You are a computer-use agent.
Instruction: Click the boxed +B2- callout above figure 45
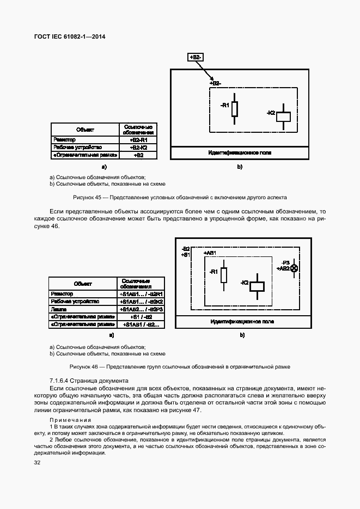(196, 57)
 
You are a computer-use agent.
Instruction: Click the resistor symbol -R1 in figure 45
(235, 109)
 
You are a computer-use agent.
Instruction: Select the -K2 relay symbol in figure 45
(283, 116)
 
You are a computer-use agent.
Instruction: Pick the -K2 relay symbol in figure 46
(257, 286)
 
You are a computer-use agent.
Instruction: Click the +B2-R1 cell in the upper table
(137, 140)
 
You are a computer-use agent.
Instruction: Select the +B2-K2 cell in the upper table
(137, 148)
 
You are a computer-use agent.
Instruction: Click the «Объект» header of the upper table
(85, 130)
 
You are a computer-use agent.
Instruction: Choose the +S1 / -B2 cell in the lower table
(141, 316)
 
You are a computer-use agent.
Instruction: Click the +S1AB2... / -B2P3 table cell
(141, 309)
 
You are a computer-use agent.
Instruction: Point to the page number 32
(38, 463)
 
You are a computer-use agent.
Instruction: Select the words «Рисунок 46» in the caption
(84, 367)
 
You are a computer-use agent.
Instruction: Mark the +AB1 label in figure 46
(210, 253)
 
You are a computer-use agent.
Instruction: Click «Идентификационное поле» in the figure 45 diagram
(240, 153)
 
